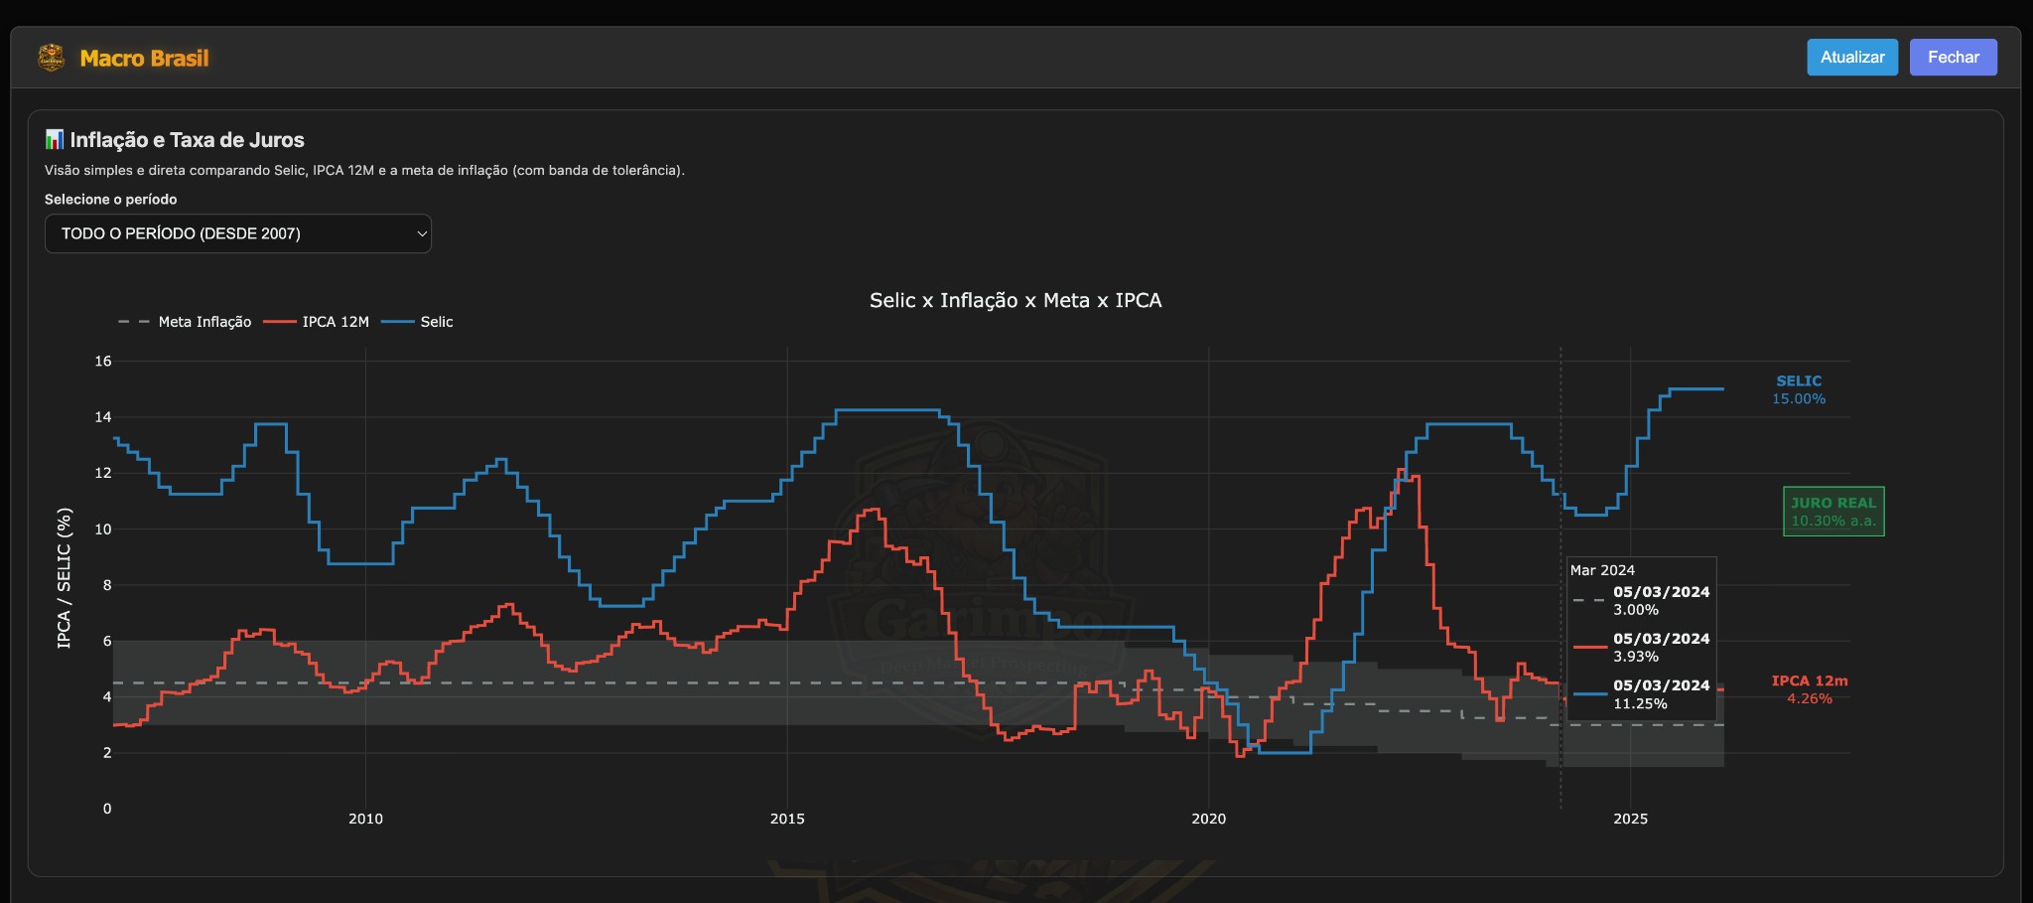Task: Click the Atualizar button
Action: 1851,58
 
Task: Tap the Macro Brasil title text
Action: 144,59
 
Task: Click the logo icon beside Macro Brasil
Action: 52,58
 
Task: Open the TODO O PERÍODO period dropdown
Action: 237,233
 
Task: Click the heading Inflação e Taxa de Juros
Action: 187,140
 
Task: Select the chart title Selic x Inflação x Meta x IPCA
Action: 1015,300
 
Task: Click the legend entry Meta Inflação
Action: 203,322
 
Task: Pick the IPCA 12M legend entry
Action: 335,322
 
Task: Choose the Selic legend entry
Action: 436,322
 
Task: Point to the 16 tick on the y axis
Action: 103,361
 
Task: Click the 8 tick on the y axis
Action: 107,585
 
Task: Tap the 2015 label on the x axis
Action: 787,819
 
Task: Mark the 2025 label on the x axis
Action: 1630,819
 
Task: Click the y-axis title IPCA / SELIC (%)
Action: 65,578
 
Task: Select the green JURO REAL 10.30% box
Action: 1833,512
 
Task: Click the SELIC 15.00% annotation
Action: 1799,389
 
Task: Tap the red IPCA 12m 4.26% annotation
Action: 1810,689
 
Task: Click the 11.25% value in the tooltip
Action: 1640,703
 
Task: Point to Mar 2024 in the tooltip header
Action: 1602,570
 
